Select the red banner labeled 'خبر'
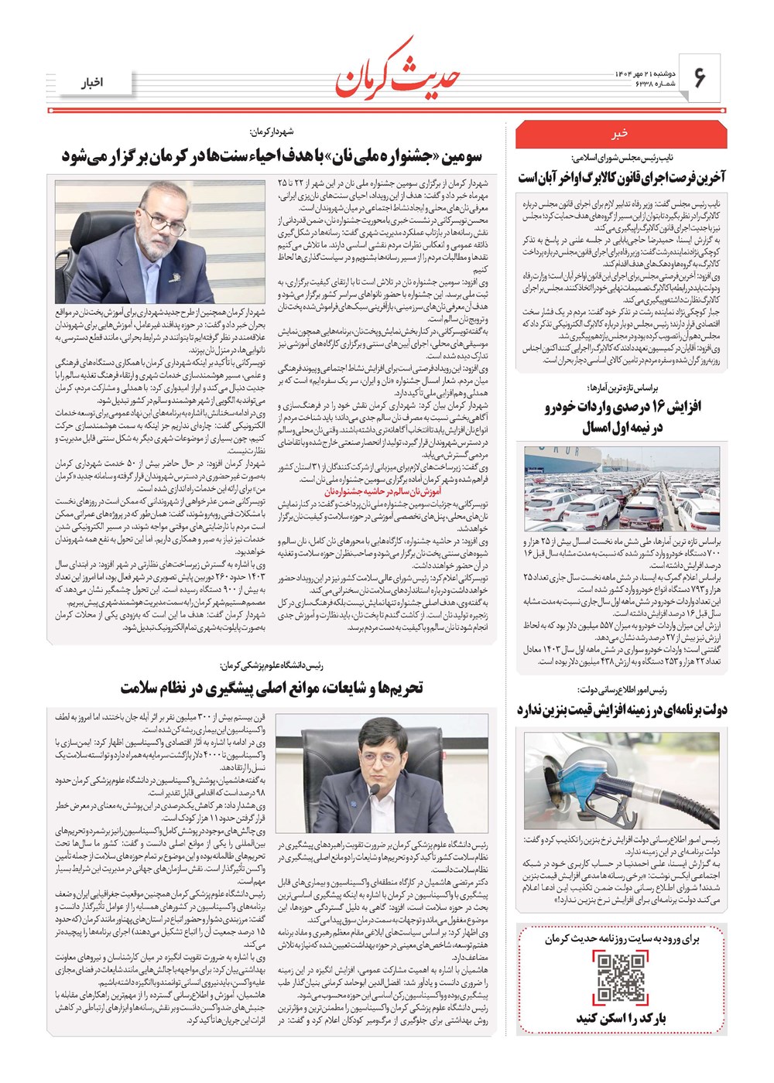pyautogui.click(x=621, y=134)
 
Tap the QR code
pyautogui.click(x=622, y=978)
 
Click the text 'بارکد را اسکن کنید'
pyautogui.click(x=622, y=1018)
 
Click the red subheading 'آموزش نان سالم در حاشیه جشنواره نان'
pyautogui.click(x=383, y=491)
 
